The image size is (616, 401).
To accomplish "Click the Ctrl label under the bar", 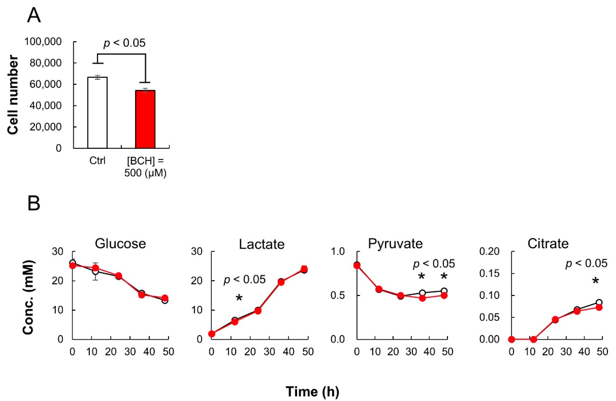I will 97,161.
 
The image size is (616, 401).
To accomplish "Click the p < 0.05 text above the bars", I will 125,43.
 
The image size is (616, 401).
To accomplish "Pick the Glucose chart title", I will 120,244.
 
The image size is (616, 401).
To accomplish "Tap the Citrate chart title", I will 548,244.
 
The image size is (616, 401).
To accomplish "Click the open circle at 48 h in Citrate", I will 599,302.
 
